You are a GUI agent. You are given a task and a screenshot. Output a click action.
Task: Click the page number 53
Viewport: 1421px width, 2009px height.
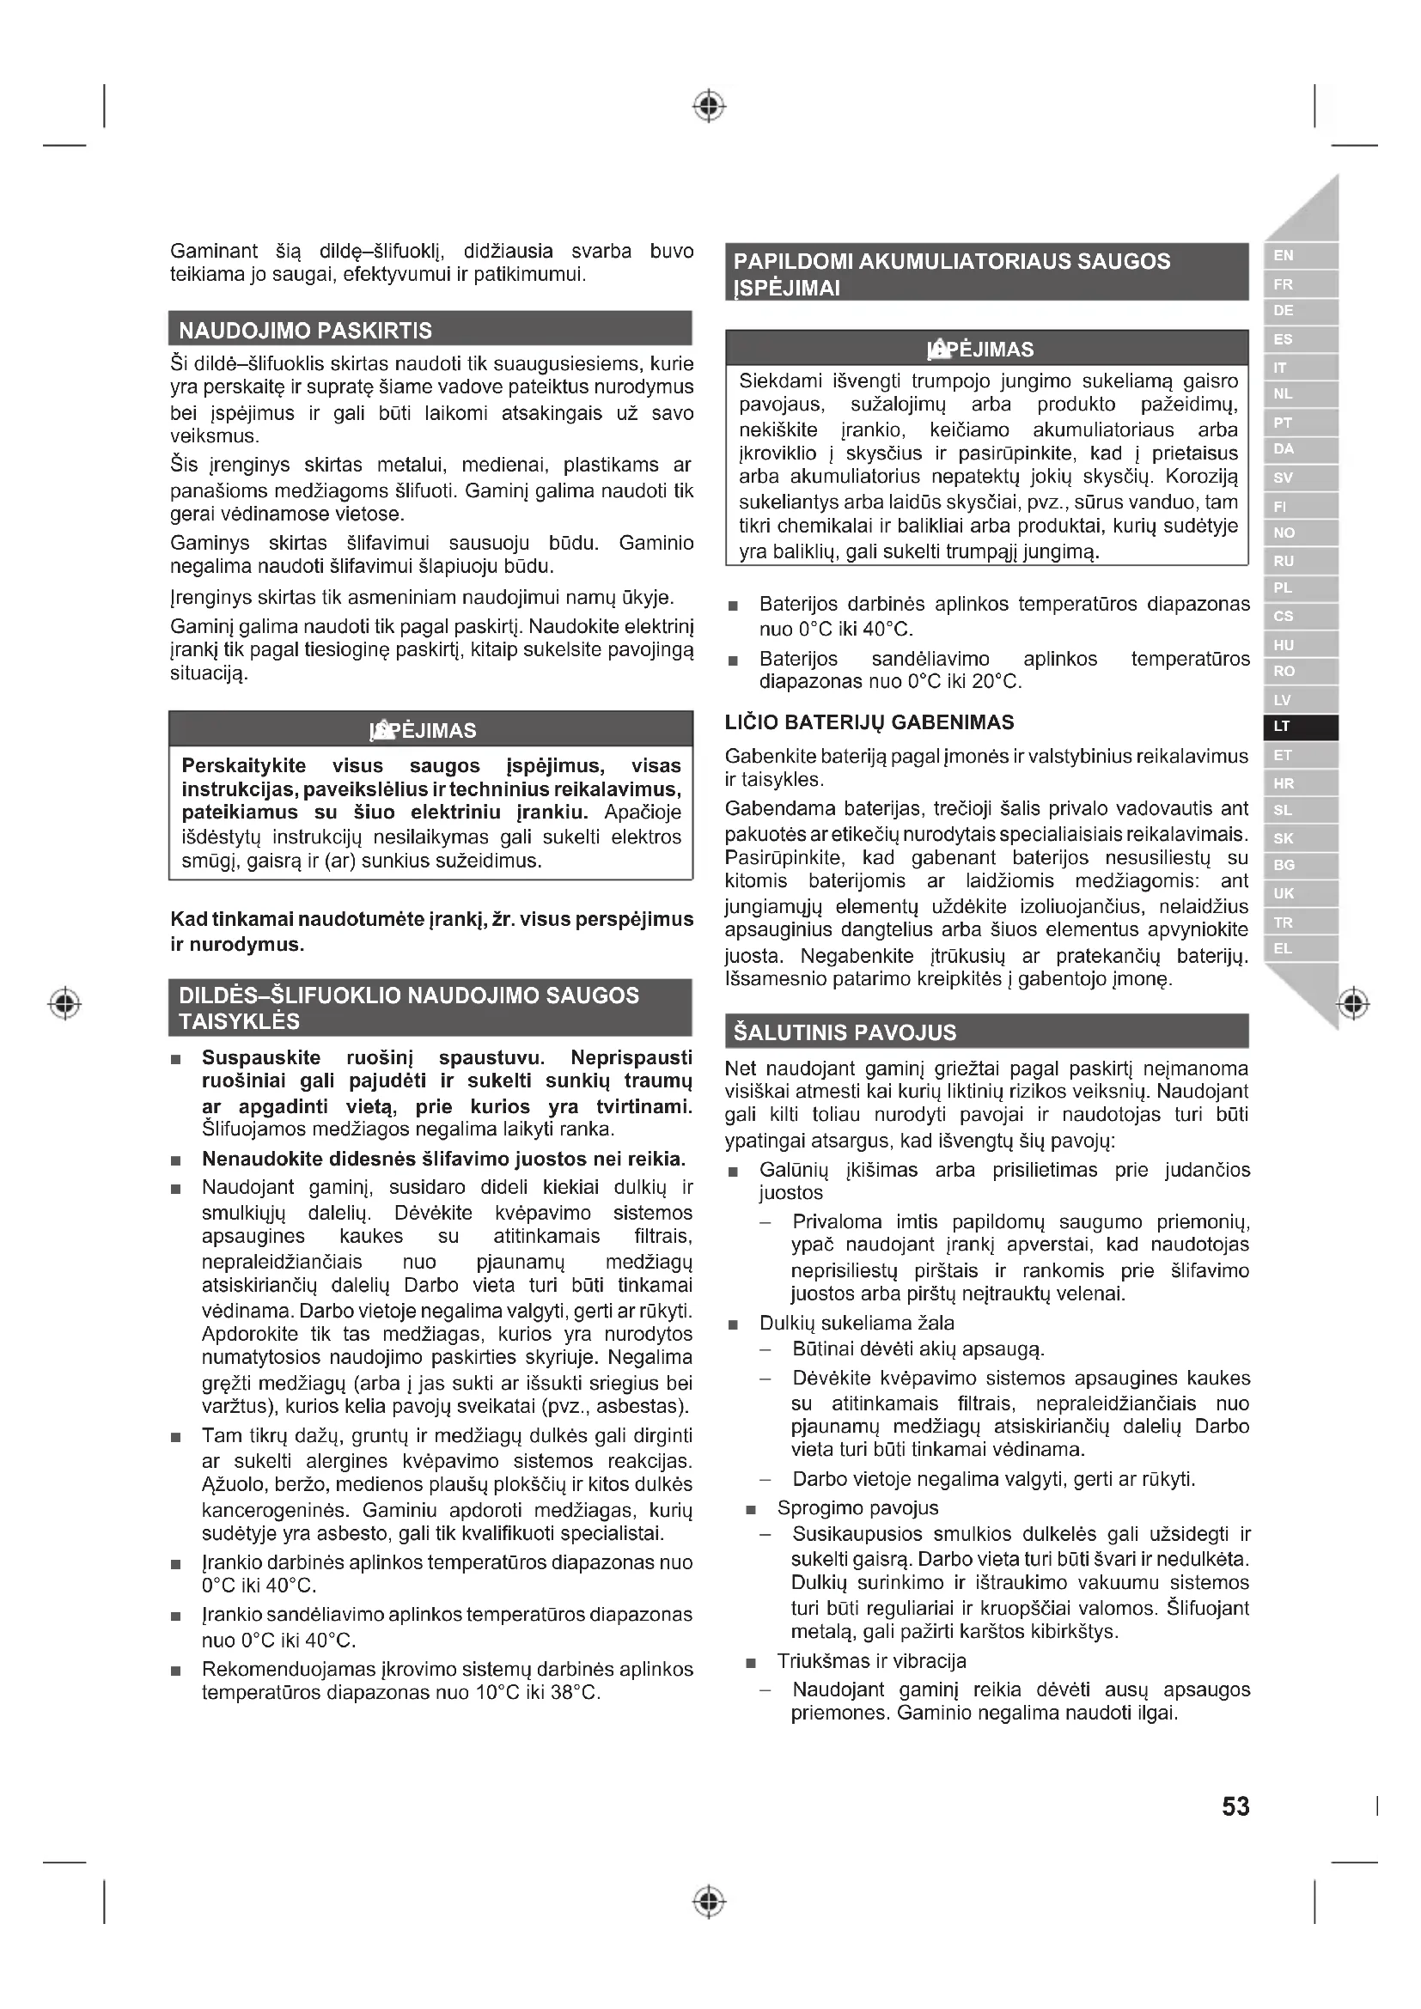coord(1235,1807)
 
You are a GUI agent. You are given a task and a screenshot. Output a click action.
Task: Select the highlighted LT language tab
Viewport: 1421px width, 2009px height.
coord(1300,728)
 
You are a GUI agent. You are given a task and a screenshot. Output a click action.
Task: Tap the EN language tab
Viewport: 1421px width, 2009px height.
coord(1300,255)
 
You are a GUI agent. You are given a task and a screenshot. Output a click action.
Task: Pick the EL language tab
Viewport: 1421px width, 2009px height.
coord(1300,949)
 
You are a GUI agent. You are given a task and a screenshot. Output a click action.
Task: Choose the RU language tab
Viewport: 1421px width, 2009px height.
coord(1300,561)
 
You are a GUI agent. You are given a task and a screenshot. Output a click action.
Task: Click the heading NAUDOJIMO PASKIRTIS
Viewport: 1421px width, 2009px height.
coord(305,331)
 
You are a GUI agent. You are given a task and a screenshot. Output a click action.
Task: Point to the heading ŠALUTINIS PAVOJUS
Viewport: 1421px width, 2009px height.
coord(845,1032)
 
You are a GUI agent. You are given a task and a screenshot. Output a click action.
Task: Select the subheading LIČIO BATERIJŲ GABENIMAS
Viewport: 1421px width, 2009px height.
coord(869,722)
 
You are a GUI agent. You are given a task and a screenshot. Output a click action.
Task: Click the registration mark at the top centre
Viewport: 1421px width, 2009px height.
coord(709,106)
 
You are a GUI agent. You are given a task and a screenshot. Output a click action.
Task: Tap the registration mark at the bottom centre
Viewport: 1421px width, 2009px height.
coord(709,1902)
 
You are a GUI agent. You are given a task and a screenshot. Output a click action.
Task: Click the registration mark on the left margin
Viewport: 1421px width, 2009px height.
coord(64,1002)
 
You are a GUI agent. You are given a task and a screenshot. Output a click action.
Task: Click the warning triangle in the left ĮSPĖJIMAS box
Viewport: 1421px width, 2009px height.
coord(381,729)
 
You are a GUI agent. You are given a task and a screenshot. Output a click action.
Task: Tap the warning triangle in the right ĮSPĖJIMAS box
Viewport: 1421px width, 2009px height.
coord(937,349)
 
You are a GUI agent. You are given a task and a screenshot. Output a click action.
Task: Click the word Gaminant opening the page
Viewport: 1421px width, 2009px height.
coord(212,252)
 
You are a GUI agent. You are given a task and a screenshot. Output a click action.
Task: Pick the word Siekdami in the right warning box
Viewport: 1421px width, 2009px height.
coord(779,381)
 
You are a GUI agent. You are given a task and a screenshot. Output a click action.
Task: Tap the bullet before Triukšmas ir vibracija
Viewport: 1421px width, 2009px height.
coord(750,1663)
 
